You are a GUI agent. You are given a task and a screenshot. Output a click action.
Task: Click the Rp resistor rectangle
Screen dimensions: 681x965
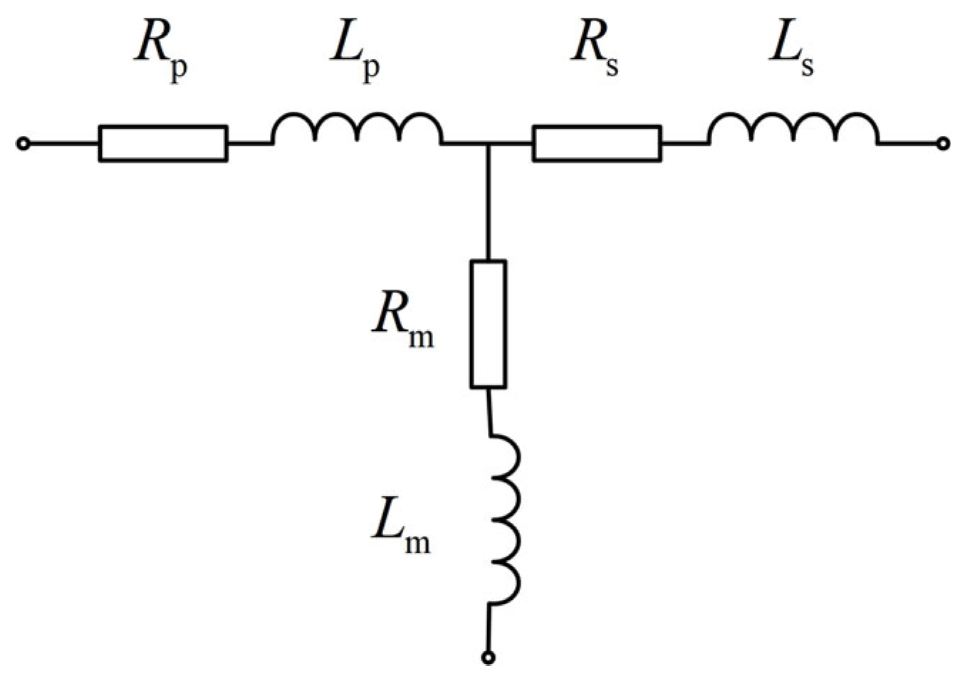163,143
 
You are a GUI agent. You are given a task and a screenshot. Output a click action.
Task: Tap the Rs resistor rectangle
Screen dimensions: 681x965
597,143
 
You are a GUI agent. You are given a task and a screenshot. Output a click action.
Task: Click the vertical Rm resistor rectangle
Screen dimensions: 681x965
488,324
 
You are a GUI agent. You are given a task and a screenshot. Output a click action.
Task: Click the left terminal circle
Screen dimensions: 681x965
23,144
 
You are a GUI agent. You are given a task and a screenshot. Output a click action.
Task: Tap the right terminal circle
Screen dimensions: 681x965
943,144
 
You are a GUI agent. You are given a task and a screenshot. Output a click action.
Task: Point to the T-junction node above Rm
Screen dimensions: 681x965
488,144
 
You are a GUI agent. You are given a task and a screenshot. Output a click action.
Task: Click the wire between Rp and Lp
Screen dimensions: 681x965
249,144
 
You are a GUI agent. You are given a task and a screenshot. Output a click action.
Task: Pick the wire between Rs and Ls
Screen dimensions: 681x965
684,144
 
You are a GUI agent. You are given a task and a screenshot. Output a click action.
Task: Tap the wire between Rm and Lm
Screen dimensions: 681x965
489,411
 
